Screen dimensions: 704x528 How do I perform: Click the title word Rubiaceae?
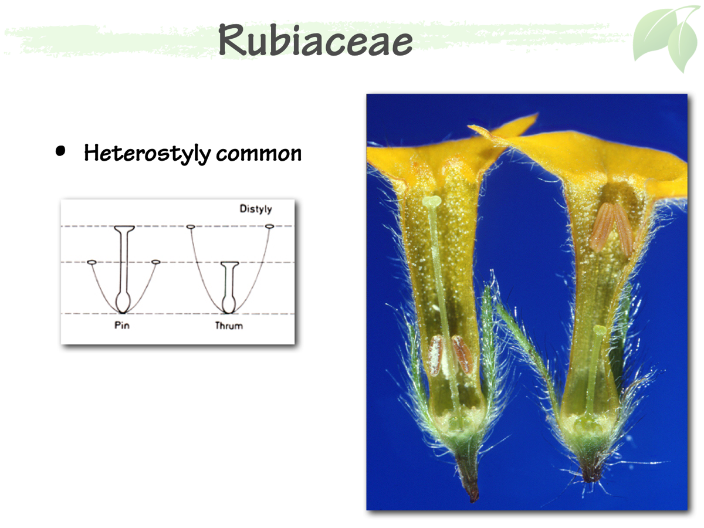[x=316, y=40]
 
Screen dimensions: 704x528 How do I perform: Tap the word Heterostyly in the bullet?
[x=147, y=153]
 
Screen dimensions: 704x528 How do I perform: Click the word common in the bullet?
[x=259, y=154]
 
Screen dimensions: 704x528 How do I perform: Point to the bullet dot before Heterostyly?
[x=60, y=151]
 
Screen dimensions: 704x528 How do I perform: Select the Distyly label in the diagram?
[x=256, y=209]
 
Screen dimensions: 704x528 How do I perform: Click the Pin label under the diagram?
[x=122, y=326]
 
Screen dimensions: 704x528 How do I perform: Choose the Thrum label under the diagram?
[x=229, y=326]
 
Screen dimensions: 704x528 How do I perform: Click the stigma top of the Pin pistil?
[x=124, y=228]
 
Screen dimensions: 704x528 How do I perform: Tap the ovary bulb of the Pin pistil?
[x=123, y=303]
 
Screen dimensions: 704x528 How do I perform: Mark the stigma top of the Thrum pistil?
[x=229, y=263]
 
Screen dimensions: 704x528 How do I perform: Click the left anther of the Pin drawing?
[x=92, y=262]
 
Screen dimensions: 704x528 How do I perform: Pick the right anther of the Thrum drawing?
[x=269, y=226]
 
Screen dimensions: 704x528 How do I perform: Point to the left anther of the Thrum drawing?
[x=191, y=226]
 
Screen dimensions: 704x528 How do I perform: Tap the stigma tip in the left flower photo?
[x=432, y=202]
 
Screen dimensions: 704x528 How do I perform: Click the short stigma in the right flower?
[x=599, y=330]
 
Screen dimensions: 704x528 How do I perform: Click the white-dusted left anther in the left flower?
[x=435, y=355]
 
